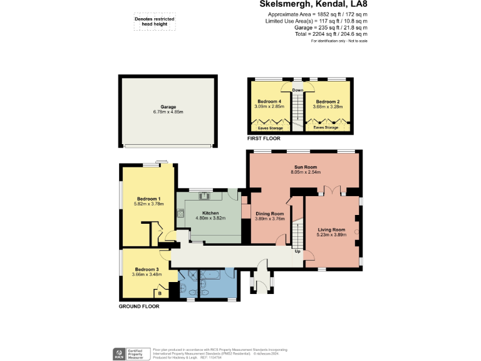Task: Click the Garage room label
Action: pos(168,107)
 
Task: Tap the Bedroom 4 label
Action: pos(271,102)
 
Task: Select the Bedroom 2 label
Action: pos(328,102)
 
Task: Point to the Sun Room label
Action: pos(305,167)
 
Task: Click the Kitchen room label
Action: pos(210,213)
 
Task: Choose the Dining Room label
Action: pos(270,214)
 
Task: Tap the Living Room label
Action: pos(331,229)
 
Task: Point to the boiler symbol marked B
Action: pos(160,293)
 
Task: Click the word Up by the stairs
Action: pos(297,252)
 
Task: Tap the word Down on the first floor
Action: pos(297,90)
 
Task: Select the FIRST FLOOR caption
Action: pos(264,138)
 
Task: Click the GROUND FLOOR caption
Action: pos(139,306)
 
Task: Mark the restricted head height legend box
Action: pos(154,22)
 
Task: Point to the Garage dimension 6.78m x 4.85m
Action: pos(168,112)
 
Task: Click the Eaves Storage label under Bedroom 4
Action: pos(270,127)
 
